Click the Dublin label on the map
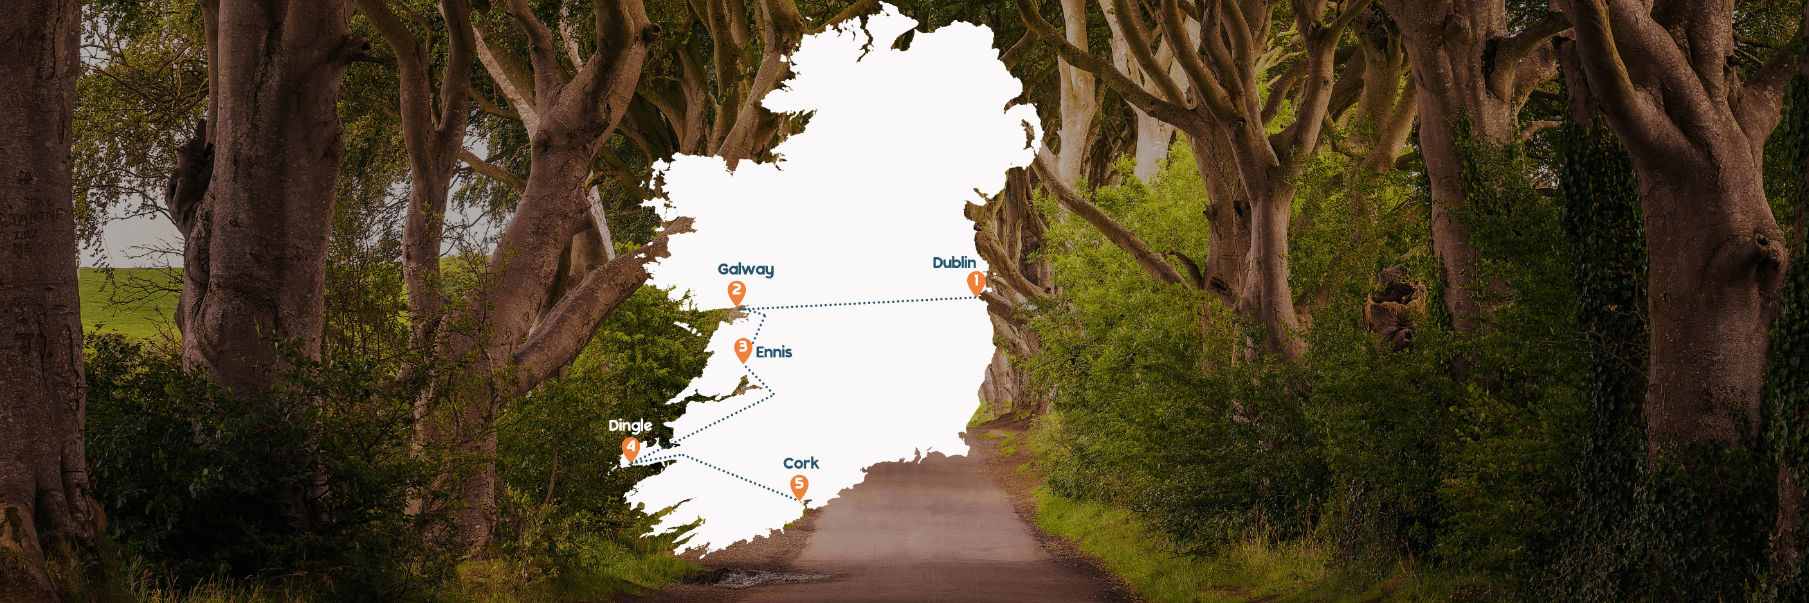click(x=954, y=262)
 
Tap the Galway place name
click(x=745, y=269)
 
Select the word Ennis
click(x=773, y=352)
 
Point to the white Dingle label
click(x=630, y=426)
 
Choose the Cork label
click(x=801, y=464)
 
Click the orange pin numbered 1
click(x=976, y=283)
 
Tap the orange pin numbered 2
click(x=736, y=291)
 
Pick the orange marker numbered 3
click(x=743, y=349)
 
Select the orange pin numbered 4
click(x=631, y=449)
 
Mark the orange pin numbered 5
click(x=799, y=485)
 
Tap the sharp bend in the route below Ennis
click(x=773, y=393)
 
